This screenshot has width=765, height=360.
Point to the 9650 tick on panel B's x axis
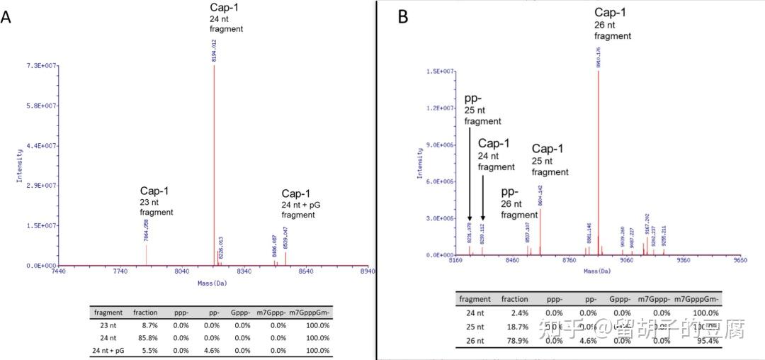point(741,260)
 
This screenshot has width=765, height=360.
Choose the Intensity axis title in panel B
point(419,163)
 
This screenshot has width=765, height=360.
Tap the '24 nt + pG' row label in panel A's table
point(108,350)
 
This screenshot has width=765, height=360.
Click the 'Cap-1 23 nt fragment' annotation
point(157,201)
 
